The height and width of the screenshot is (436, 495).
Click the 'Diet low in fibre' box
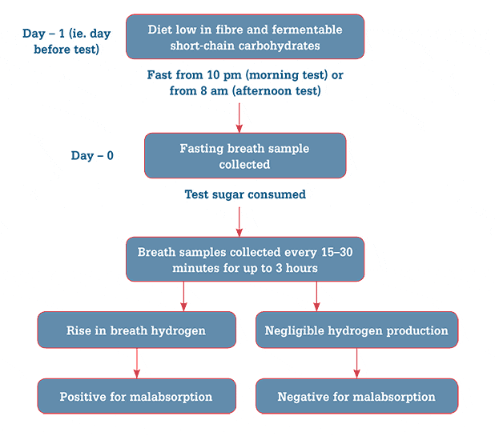(245, 37)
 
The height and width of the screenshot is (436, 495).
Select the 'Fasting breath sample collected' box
(245, 155)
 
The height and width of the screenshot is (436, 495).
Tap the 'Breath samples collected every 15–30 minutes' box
(245, 259)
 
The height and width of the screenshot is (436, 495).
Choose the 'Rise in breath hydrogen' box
(137, 330)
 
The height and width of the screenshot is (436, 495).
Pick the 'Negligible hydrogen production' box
(356, 330)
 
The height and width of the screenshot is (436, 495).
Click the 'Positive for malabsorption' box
(137, 396)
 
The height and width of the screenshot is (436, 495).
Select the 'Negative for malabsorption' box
(356, 396)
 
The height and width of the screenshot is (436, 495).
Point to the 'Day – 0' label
(92, 155)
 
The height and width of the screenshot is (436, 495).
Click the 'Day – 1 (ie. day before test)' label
(66, 42)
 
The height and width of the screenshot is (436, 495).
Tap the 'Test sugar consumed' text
(245, 194)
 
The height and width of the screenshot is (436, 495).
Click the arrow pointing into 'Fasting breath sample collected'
(239, 118)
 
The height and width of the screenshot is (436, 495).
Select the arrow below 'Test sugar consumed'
(239, 222)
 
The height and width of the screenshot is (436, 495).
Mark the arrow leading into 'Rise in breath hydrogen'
(183, 296)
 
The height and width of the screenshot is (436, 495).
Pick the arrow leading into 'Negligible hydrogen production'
(316, 296)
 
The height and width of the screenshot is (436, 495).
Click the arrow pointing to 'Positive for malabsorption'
(137, 363)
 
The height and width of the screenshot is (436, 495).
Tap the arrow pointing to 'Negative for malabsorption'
(356, 363)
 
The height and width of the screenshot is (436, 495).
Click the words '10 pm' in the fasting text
(224, 75)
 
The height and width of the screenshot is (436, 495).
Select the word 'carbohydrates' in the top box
(279, 46)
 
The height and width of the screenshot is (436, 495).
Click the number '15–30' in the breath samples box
(337, 252)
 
